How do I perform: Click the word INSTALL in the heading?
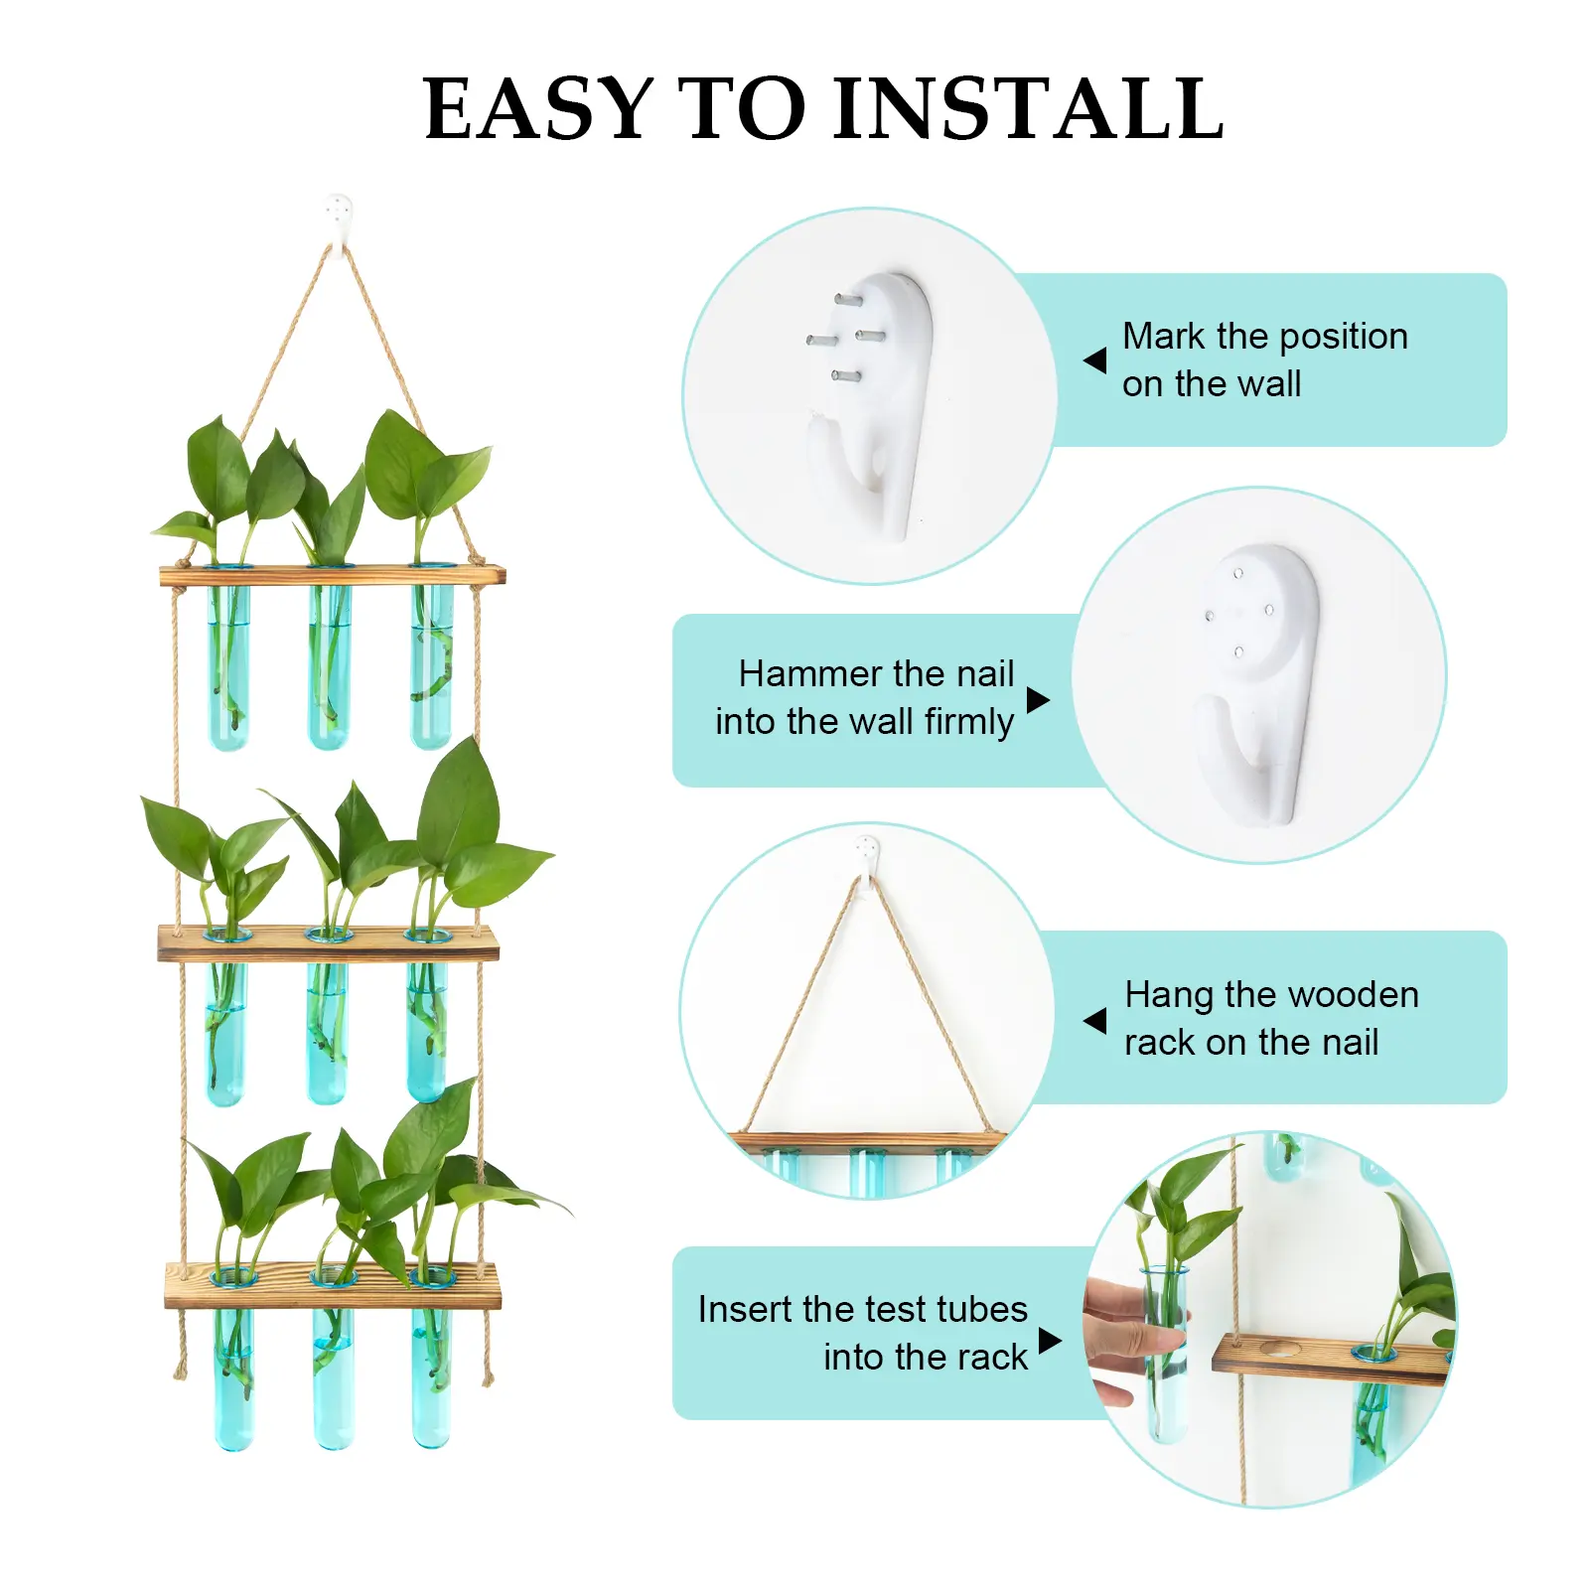coord(1028,108)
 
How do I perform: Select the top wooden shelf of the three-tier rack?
coord(333,575)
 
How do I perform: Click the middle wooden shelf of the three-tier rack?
coord(329,943)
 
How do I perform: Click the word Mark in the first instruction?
coord(1164,337)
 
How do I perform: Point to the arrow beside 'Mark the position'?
coord(1094,360)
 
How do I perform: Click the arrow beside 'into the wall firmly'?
coord(1038,700)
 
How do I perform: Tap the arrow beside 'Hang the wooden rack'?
coord(1094,1020)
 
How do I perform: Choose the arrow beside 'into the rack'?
coord(1050,1341)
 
